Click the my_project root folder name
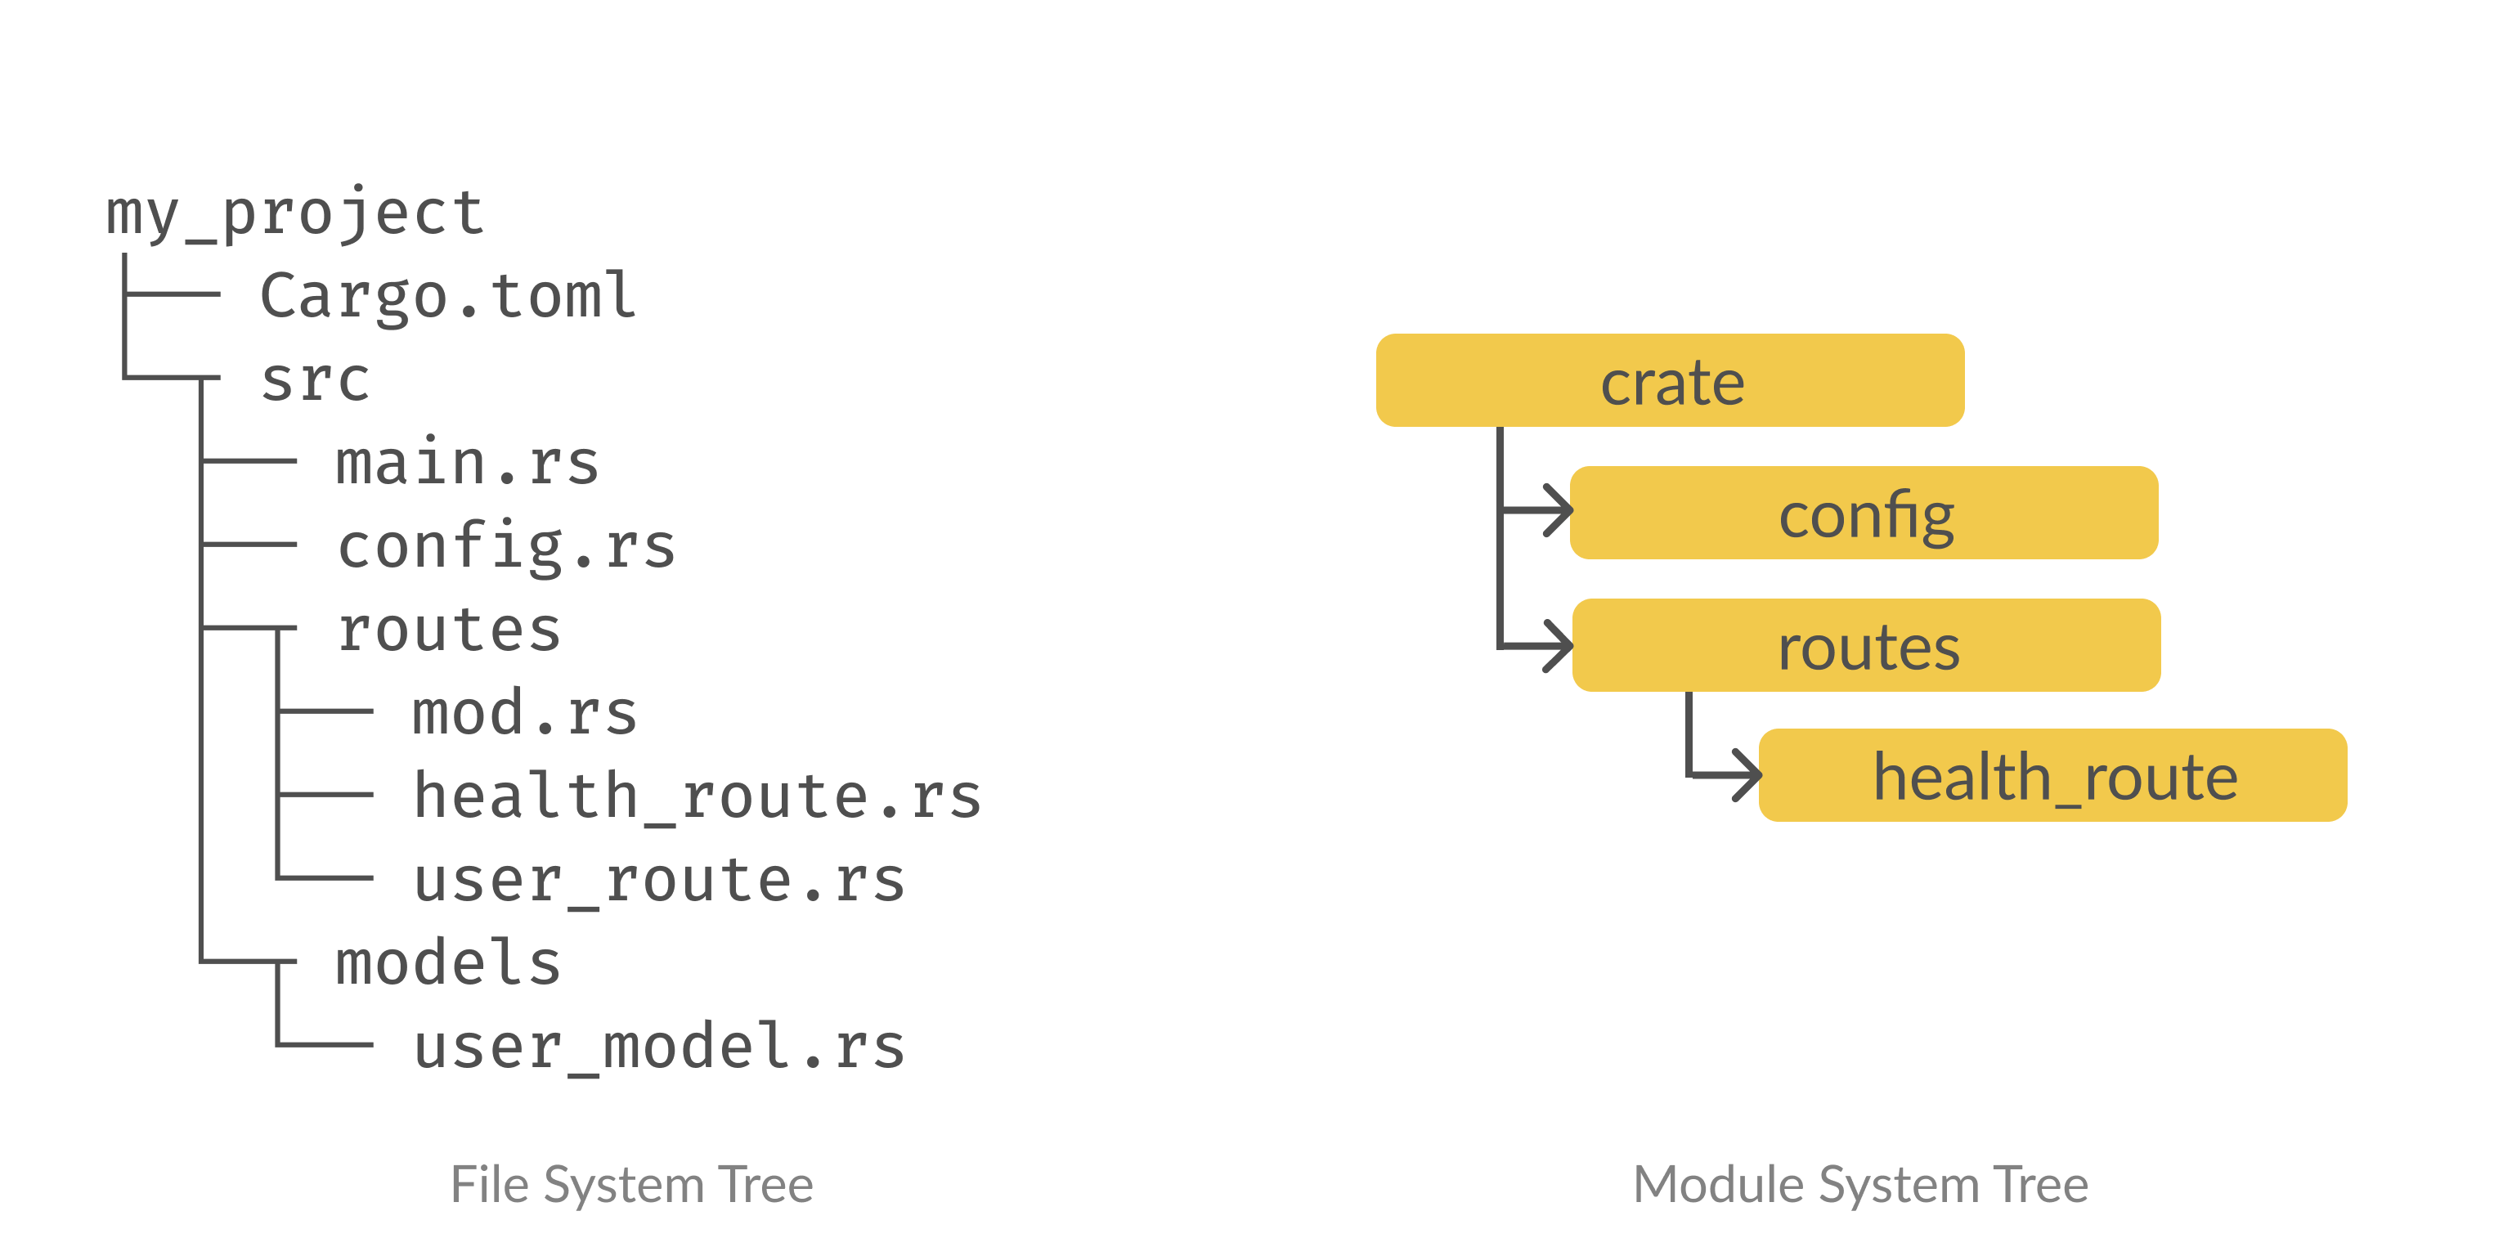click(294, 213)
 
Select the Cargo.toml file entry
click(447, 297)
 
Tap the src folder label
click(315, 380)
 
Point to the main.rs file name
click(467, 463)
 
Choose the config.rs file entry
click(506, 547)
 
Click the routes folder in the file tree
click(449, 630)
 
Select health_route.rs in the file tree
click(696, 796)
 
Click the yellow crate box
click(1670, 381)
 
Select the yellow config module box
click(1864, 513)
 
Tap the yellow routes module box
click(1867, 645)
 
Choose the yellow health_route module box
click(2052, 776)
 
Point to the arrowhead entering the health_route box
click(1747, 776)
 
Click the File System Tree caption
click(631, 1186)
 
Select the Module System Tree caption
click(1859, 1186)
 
